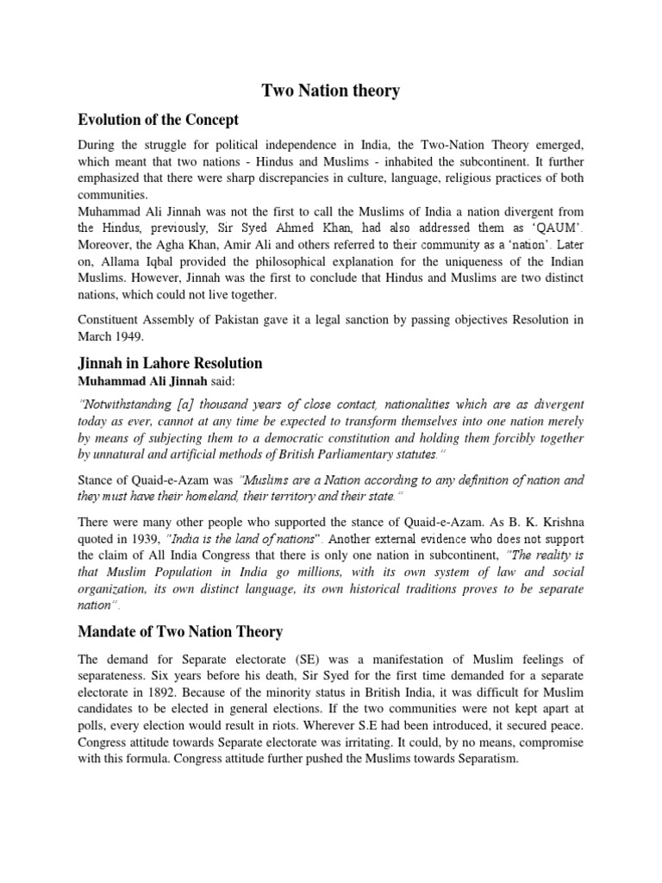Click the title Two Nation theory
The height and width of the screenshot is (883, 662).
pos(331,91)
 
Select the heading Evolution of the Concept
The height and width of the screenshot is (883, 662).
pos(158,120)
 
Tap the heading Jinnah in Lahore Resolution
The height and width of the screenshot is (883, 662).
pos(170,363)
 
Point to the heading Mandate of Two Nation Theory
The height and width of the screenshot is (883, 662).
pos(180,632)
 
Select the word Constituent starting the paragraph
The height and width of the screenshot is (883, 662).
pos(109,319)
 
